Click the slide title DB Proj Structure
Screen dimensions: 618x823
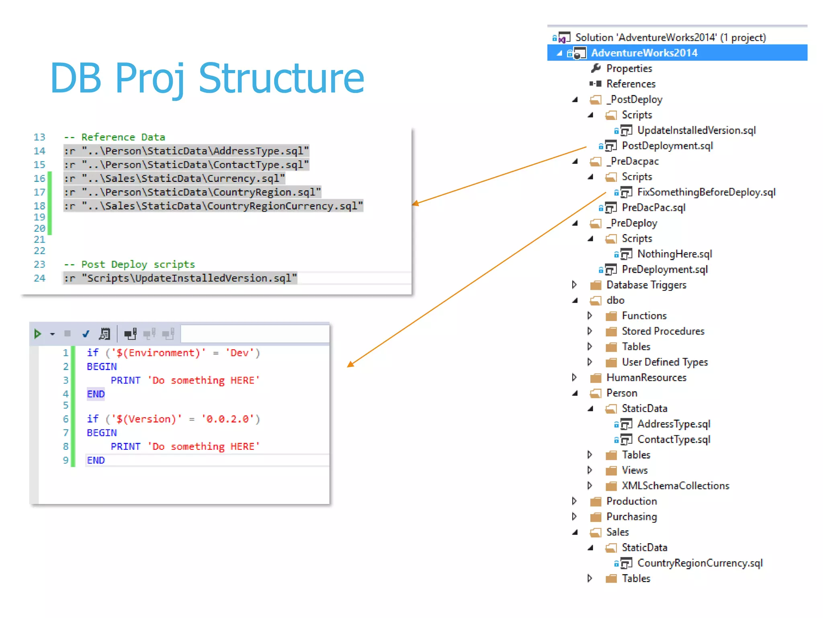[207, 78]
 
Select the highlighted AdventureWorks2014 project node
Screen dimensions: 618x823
[644, 53]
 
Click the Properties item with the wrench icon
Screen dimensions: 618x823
[629, 68]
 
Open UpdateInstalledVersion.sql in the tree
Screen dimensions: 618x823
[696, 130]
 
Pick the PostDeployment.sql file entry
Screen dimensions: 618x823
[667, 146]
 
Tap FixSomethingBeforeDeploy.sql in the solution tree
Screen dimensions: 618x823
[706, 192]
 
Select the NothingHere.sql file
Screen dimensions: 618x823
[674, 254]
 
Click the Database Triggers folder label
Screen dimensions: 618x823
[646, 285]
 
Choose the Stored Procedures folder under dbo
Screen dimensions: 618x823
[663, 331]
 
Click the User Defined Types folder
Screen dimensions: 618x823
[665, 362]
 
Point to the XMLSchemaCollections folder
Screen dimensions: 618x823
[675, 486]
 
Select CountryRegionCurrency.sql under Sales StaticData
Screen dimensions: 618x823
[700, 563]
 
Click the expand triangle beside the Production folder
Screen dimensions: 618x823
[574, 501]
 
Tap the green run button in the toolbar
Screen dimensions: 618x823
[37, 334]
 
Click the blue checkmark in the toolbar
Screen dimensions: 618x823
[86, 334]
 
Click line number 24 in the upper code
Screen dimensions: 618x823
[39, 278]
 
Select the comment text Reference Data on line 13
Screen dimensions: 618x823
[123, 137]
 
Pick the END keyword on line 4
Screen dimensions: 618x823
[96, 394]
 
